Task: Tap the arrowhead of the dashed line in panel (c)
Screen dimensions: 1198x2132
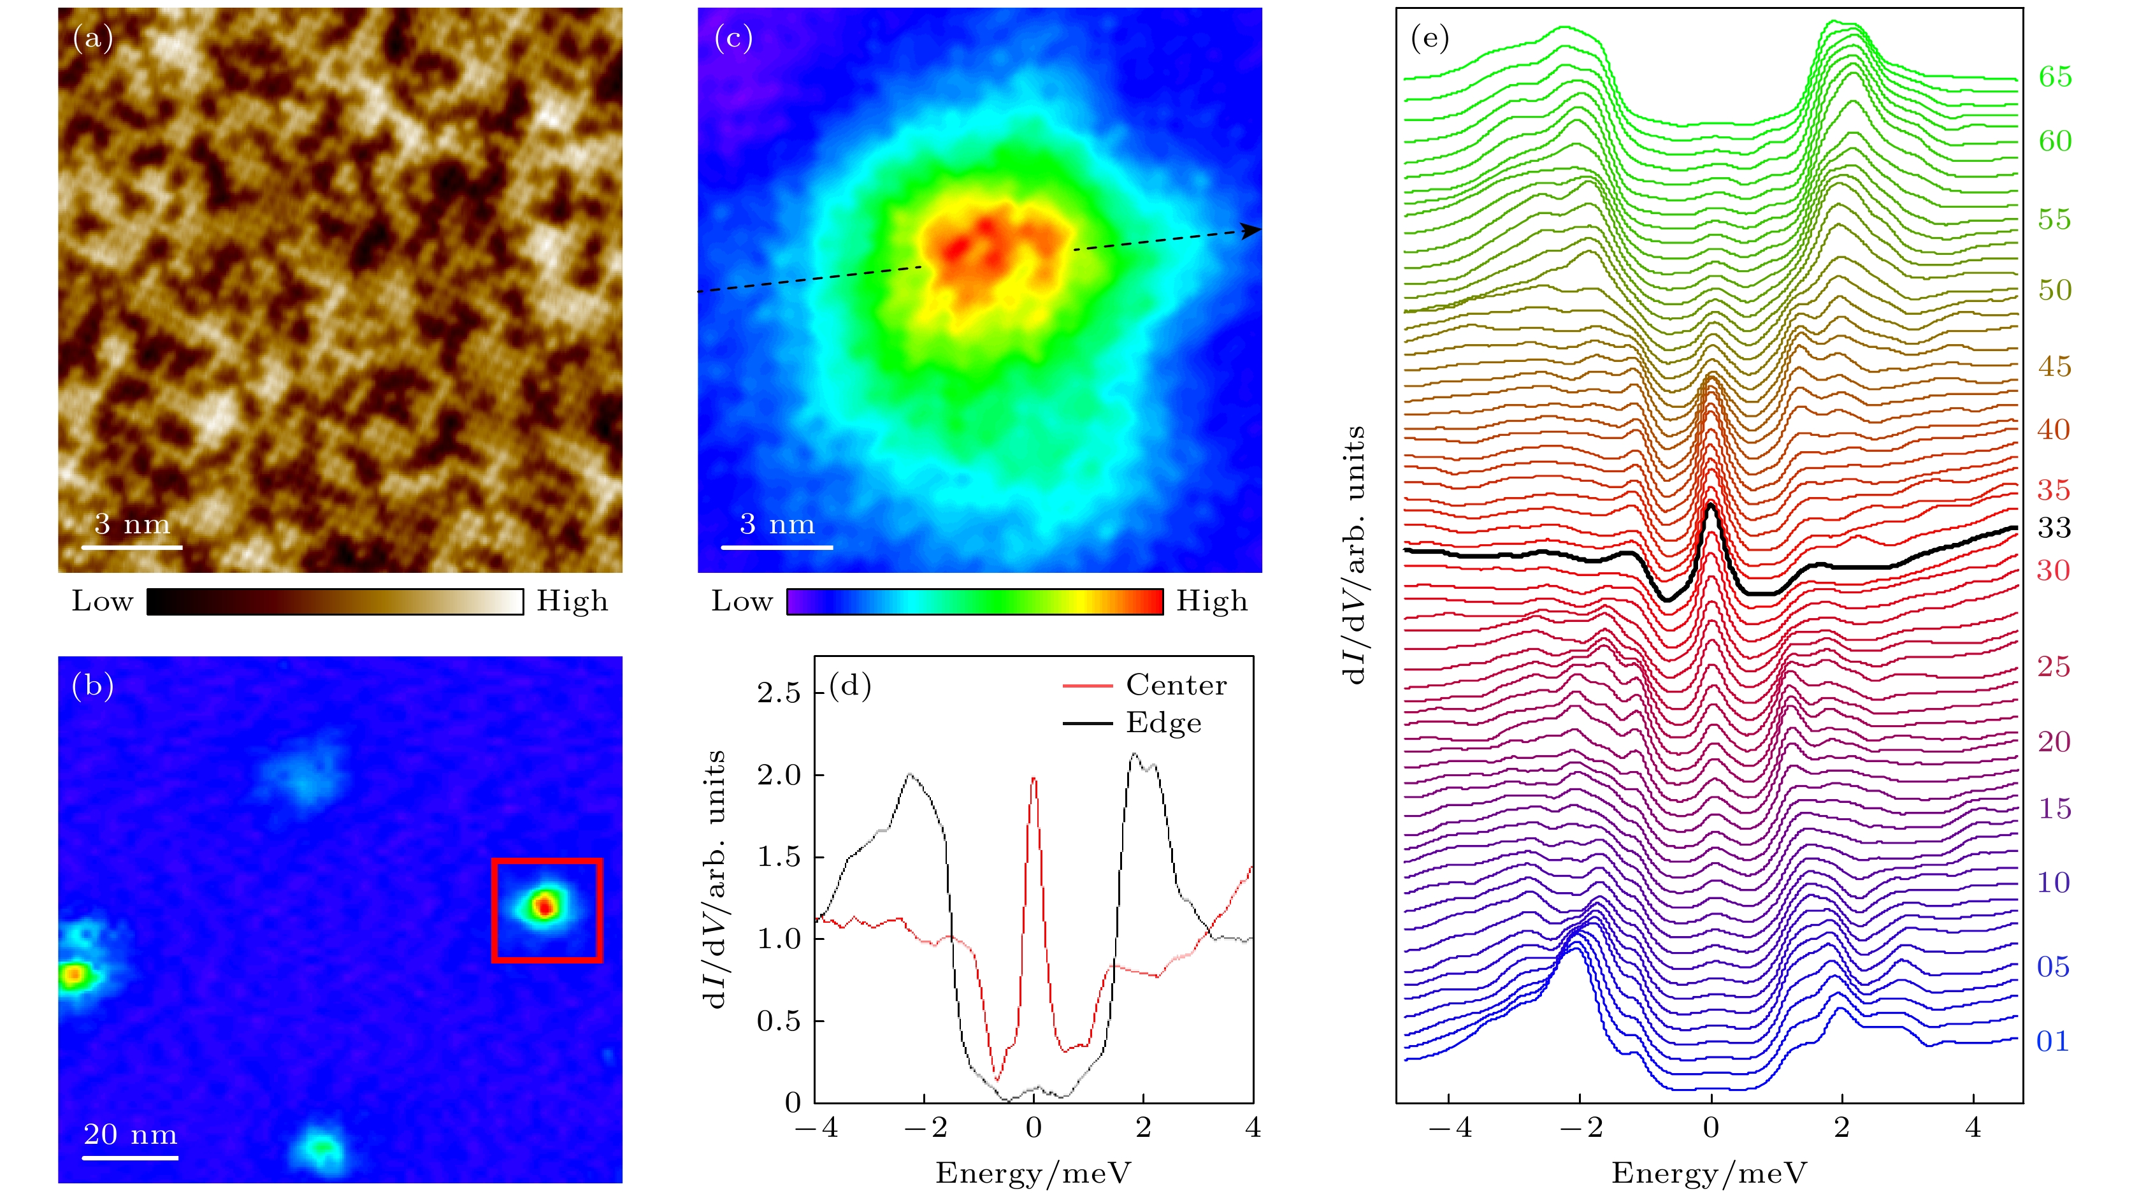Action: pyautogui.click(x=1253, y=230)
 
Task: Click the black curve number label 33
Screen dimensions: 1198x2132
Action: pyautogui.click(x=2054, y=528)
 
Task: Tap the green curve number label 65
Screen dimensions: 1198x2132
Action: pyautogui.click(x=2055, y=77)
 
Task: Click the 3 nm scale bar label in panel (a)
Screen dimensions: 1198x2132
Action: pyautogui.click(x=132, y=524)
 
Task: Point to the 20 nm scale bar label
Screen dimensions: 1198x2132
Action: pyautogui.click(x=131, y=1134)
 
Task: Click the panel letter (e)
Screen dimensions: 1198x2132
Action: pyautogui.click(x=1429, y=38)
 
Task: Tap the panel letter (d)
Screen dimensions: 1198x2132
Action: pyautogui.click(x=850, y=686)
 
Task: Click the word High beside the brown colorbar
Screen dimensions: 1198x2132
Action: pyautogui.click(x=572, y=601)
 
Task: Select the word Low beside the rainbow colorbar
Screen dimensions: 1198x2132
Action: pyautogui.click(x=742, y=601)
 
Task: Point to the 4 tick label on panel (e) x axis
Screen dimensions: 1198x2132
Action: pyautogui.click(x=1973, y=1128)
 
